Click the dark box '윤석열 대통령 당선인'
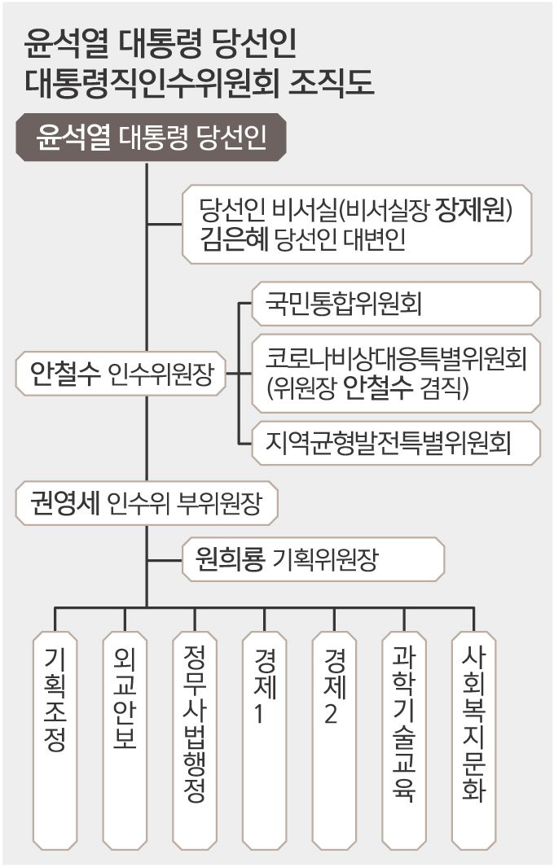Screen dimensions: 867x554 click(x=152, y=138)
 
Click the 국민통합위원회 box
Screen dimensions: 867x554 click(x=395, y=304)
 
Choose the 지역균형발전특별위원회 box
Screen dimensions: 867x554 click(x=395, y=444)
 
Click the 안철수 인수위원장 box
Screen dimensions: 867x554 click(x=121, y=374)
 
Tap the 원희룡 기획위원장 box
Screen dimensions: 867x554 click(x=314, y=559)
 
